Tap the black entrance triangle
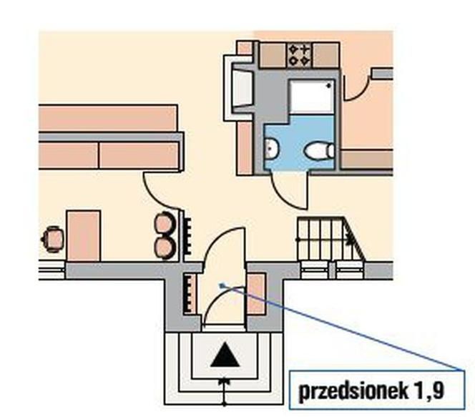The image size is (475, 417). click(225, 355)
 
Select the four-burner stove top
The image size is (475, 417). click(299, 55)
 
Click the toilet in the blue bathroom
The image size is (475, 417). click(320, 150)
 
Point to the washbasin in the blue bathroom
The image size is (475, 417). click(271, 148)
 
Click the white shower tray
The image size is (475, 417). click(312, 97)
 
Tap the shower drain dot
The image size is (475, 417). click(328, 86)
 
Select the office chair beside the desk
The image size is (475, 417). click(52, 239)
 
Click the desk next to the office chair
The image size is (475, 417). click(84, 235)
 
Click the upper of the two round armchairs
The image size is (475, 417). click(165, 223)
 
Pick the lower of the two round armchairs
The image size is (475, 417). click(165, 247)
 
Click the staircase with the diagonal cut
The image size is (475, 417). click(330, 239)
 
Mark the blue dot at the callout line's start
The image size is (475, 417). click(222, 285)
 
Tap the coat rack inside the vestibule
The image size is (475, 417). click(190, 294)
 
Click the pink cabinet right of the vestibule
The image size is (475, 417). click(256, 294)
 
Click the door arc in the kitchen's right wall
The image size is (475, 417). click(358, 89)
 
